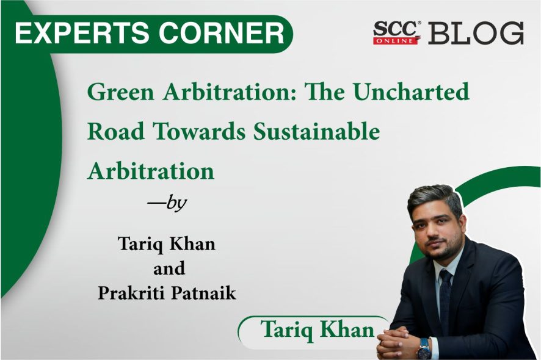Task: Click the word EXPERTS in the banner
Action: [x=84, y=33]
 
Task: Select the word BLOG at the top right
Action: [x=476, y=33]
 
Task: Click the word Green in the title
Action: [x=120, y=92]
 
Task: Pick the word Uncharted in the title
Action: [x=411, y=92]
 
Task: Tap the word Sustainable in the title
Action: [x=317, y=131]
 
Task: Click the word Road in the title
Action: [x=116, y=132]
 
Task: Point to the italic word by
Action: [x=176, y=203]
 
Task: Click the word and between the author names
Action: [x=169, y=268]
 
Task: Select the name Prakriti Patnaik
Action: [x=167, y=293]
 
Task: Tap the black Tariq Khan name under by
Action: [x=167, y=244]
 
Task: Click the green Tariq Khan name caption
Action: [x=318, y=329]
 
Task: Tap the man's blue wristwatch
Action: [x=424, y=348]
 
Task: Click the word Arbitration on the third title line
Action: [x=151, y=171]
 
